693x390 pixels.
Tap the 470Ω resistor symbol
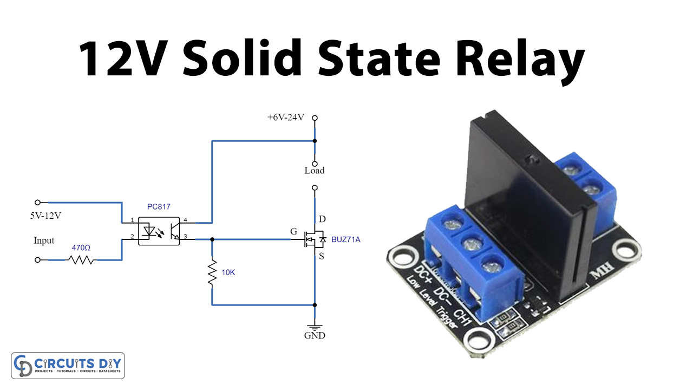81,260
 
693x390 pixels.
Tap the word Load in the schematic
314,171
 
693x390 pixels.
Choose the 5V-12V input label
45,216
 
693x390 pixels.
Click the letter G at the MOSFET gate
293,232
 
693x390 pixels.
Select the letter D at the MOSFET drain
322,219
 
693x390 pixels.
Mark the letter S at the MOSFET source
322,256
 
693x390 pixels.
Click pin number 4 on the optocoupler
185,220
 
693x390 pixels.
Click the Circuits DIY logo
68,366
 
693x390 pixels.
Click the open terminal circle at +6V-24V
315,118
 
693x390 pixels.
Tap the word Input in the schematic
44,240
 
